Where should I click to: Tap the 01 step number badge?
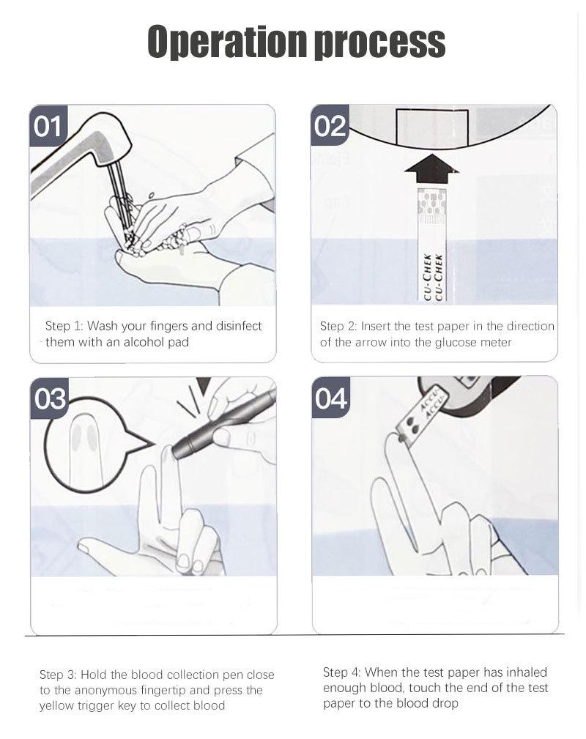pos(48,126)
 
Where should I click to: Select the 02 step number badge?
pos(330,125)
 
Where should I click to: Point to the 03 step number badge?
pos(50,398)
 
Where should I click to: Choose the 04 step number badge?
pos(331,398)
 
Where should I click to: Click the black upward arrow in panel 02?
pos(431,169)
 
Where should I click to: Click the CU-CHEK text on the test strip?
pos(432,277)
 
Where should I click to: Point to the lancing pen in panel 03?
pos(224,422)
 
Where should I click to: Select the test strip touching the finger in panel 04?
pos(415,416)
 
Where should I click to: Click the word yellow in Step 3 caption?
pos(56,706)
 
